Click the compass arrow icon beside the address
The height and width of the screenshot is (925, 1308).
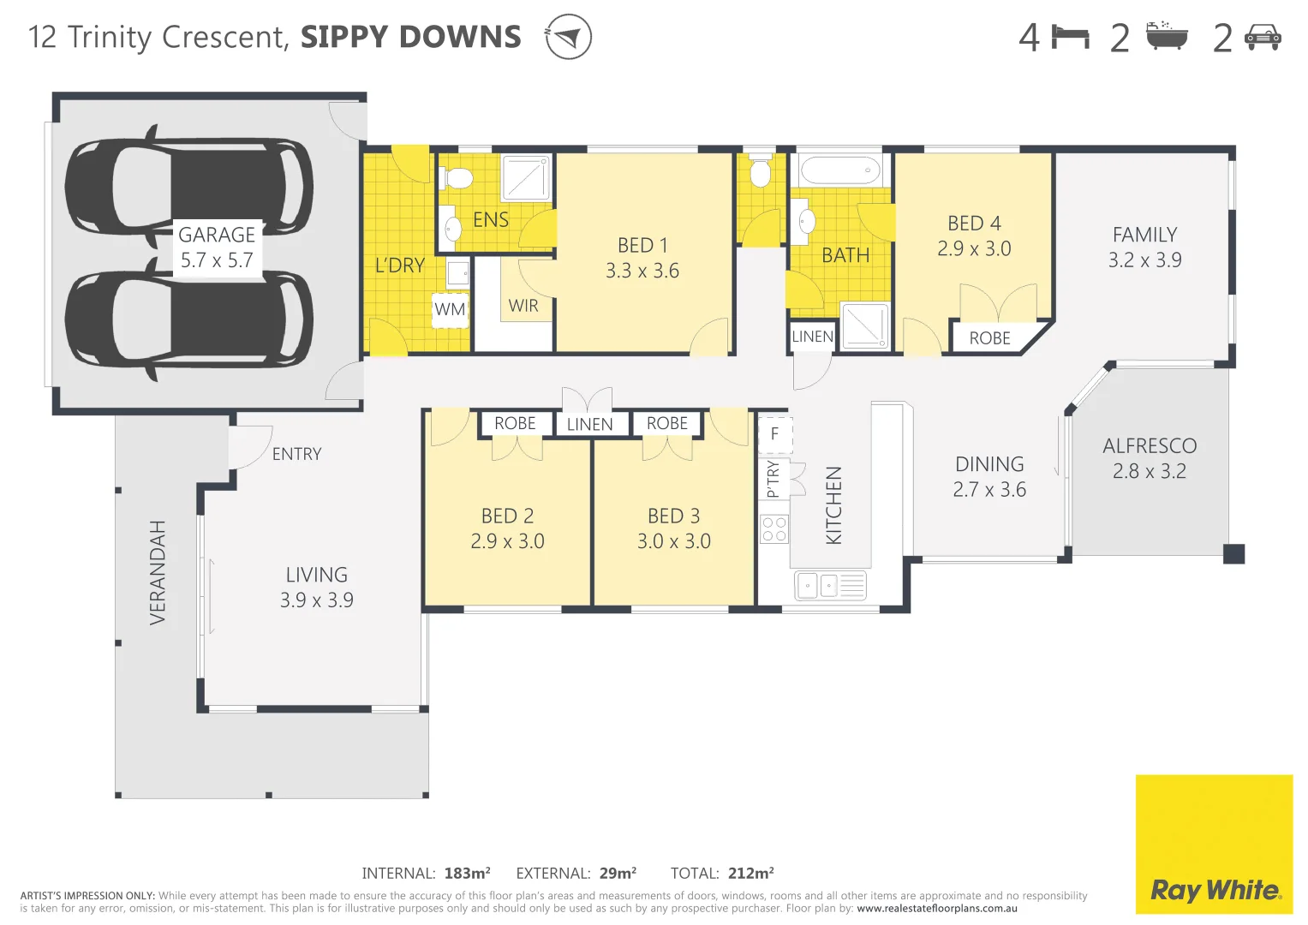click(569, 37)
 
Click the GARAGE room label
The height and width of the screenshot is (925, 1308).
click(217, 235)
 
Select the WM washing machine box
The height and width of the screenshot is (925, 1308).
click(450, 309)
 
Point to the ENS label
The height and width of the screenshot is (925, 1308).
click(491, 220)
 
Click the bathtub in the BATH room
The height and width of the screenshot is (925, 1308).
click(839, 170)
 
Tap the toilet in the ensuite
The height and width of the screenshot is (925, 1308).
click(458, 178)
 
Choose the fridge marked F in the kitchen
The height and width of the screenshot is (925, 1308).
click(774, 434)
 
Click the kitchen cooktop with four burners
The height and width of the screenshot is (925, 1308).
click(774, 529)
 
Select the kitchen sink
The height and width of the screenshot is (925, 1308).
click(819, 586)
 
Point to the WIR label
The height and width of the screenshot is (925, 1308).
click(523, 306)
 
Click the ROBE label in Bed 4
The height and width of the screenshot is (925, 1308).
click(990, 338)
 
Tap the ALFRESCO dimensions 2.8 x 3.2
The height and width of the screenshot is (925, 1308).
click(1149, 471)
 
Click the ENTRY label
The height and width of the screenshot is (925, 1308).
click(296, 454)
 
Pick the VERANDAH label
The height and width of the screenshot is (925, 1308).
click(158, 572)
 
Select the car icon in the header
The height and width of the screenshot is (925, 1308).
click(1263, 37)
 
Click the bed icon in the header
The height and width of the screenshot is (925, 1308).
click(1070, 37)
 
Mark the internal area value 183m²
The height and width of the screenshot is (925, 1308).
click(467, 874)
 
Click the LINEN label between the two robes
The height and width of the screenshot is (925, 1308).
click(589, 425)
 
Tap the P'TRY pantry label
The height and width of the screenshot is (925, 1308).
click(773, 480)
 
